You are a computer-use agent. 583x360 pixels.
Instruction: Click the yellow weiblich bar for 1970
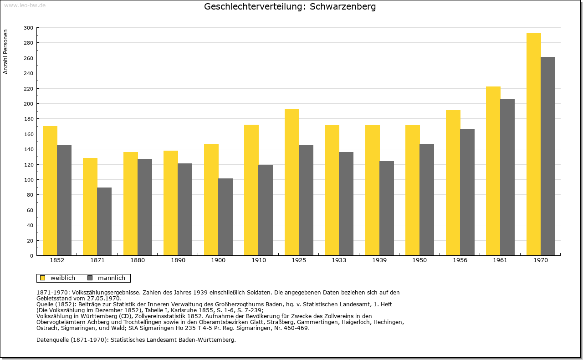point(533,144)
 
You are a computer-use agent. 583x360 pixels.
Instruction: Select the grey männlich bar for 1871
point(104,221)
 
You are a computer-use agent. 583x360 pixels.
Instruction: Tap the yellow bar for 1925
point(292,182)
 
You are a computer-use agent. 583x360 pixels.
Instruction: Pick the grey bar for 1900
point(225,217)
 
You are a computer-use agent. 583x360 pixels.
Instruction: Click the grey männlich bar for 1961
point(507,177)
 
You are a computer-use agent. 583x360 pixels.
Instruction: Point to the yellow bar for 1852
point(50,191)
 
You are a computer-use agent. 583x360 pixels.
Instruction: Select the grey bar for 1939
point(387,208)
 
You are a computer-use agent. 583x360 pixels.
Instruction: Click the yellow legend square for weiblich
point(42,278)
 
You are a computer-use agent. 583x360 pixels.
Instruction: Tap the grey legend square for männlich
point(90,278)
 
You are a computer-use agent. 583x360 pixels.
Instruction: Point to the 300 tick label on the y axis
point(28,28)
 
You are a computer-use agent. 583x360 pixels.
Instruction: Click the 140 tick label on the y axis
point(28,149)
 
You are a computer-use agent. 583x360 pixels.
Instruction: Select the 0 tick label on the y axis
point(31,256)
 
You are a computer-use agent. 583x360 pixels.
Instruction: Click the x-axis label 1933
point(339,260)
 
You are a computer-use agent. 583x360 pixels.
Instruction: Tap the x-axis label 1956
point(460,260)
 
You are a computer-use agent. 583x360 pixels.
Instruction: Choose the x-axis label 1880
point(138,260)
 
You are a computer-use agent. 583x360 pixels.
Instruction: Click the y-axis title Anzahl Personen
point(5,52)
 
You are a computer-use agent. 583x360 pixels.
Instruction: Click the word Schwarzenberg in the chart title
point(343,6)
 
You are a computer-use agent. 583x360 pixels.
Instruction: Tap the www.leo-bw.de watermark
point(25,5)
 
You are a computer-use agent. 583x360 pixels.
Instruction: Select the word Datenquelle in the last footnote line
point(52,340)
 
